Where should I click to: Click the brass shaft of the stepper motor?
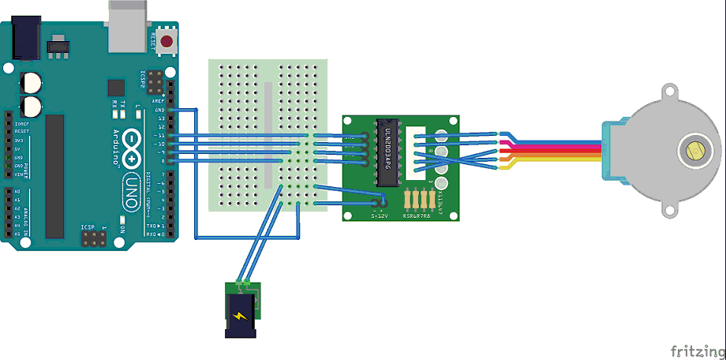click(x=695, y=150)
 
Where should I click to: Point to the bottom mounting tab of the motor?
click(x=670, y=209)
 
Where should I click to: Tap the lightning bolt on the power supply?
click(x=240, y=316)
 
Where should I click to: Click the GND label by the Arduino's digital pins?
click(x=160, y=110)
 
